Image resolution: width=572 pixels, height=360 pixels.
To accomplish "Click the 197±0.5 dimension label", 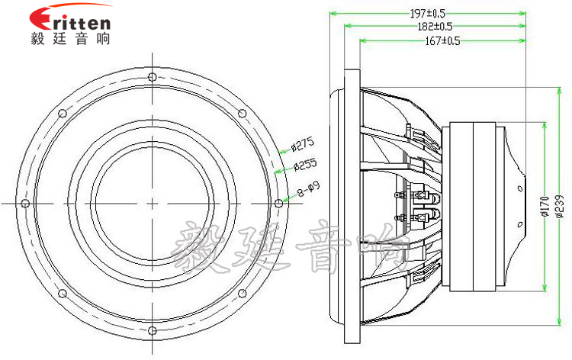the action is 428,14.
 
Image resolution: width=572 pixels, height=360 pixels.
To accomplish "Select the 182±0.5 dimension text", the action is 435,26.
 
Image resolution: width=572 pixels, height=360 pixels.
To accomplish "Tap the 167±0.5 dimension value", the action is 442,40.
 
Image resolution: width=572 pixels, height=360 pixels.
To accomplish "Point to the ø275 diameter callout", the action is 303,145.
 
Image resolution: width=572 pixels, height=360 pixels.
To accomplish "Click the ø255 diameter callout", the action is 305,165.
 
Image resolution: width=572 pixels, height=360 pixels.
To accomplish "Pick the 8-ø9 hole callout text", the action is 309,189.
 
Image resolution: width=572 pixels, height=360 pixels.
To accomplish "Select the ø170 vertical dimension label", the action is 545,207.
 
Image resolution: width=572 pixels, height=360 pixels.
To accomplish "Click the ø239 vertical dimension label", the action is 560,207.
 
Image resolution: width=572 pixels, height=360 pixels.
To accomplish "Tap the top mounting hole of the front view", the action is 153,77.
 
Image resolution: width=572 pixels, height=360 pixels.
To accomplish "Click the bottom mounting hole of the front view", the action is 153,330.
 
